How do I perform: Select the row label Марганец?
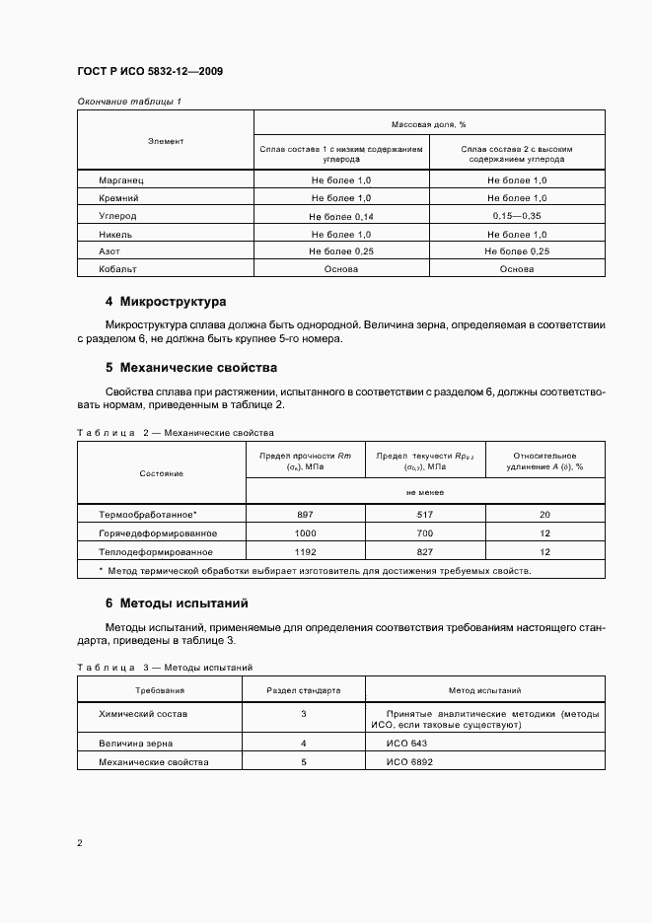coord(121,180)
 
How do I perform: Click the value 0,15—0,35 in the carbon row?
coord(517,216)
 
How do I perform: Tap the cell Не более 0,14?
coord(341,216)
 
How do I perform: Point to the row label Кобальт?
coord(117,269)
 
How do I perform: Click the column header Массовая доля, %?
coord(429,124)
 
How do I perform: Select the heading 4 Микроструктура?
coord(166,302)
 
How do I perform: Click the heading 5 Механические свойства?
coord(192,367)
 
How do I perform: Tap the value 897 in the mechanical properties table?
coord(305,516)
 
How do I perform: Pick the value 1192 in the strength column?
coord(305,552)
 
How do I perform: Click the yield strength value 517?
coord(425,516)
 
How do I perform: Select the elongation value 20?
coord(545,516)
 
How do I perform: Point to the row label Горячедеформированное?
coord(158,533)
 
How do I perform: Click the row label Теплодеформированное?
coord(156,552)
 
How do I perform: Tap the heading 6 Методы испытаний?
coord(177,603)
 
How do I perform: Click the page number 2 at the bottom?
coord(80,844)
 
